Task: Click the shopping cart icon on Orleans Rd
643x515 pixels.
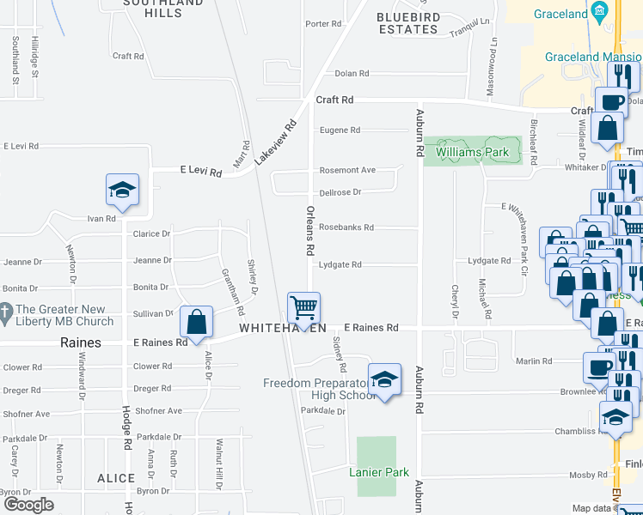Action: click(303, 307)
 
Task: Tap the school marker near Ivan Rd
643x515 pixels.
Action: click(122, 190)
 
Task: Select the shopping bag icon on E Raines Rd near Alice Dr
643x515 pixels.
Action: click(197, 323)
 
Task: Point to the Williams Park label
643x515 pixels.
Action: click(472, 152)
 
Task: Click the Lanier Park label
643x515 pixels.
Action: click(379, 472)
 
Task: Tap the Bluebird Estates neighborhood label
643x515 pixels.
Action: click(408, 23)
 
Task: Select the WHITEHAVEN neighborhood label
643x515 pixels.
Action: click(283, 328)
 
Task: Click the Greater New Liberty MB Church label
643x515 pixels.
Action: click(64, 315)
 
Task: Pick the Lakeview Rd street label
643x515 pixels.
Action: click(286, 136)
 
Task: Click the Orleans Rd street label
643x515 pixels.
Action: click(308, 230)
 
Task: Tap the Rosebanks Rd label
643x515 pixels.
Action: click(346, 227)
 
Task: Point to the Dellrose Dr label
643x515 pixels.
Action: click(340, 192)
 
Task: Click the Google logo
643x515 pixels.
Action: click(28, 504)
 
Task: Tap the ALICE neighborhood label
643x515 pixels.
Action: click(116, 478)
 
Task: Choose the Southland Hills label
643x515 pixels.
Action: click(152, 8)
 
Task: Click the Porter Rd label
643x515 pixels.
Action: click(323, 23)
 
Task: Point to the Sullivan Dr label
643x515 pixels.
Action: click(153, 313)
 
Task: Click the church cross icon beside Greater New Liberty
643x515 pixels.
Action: click(7, 310)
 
